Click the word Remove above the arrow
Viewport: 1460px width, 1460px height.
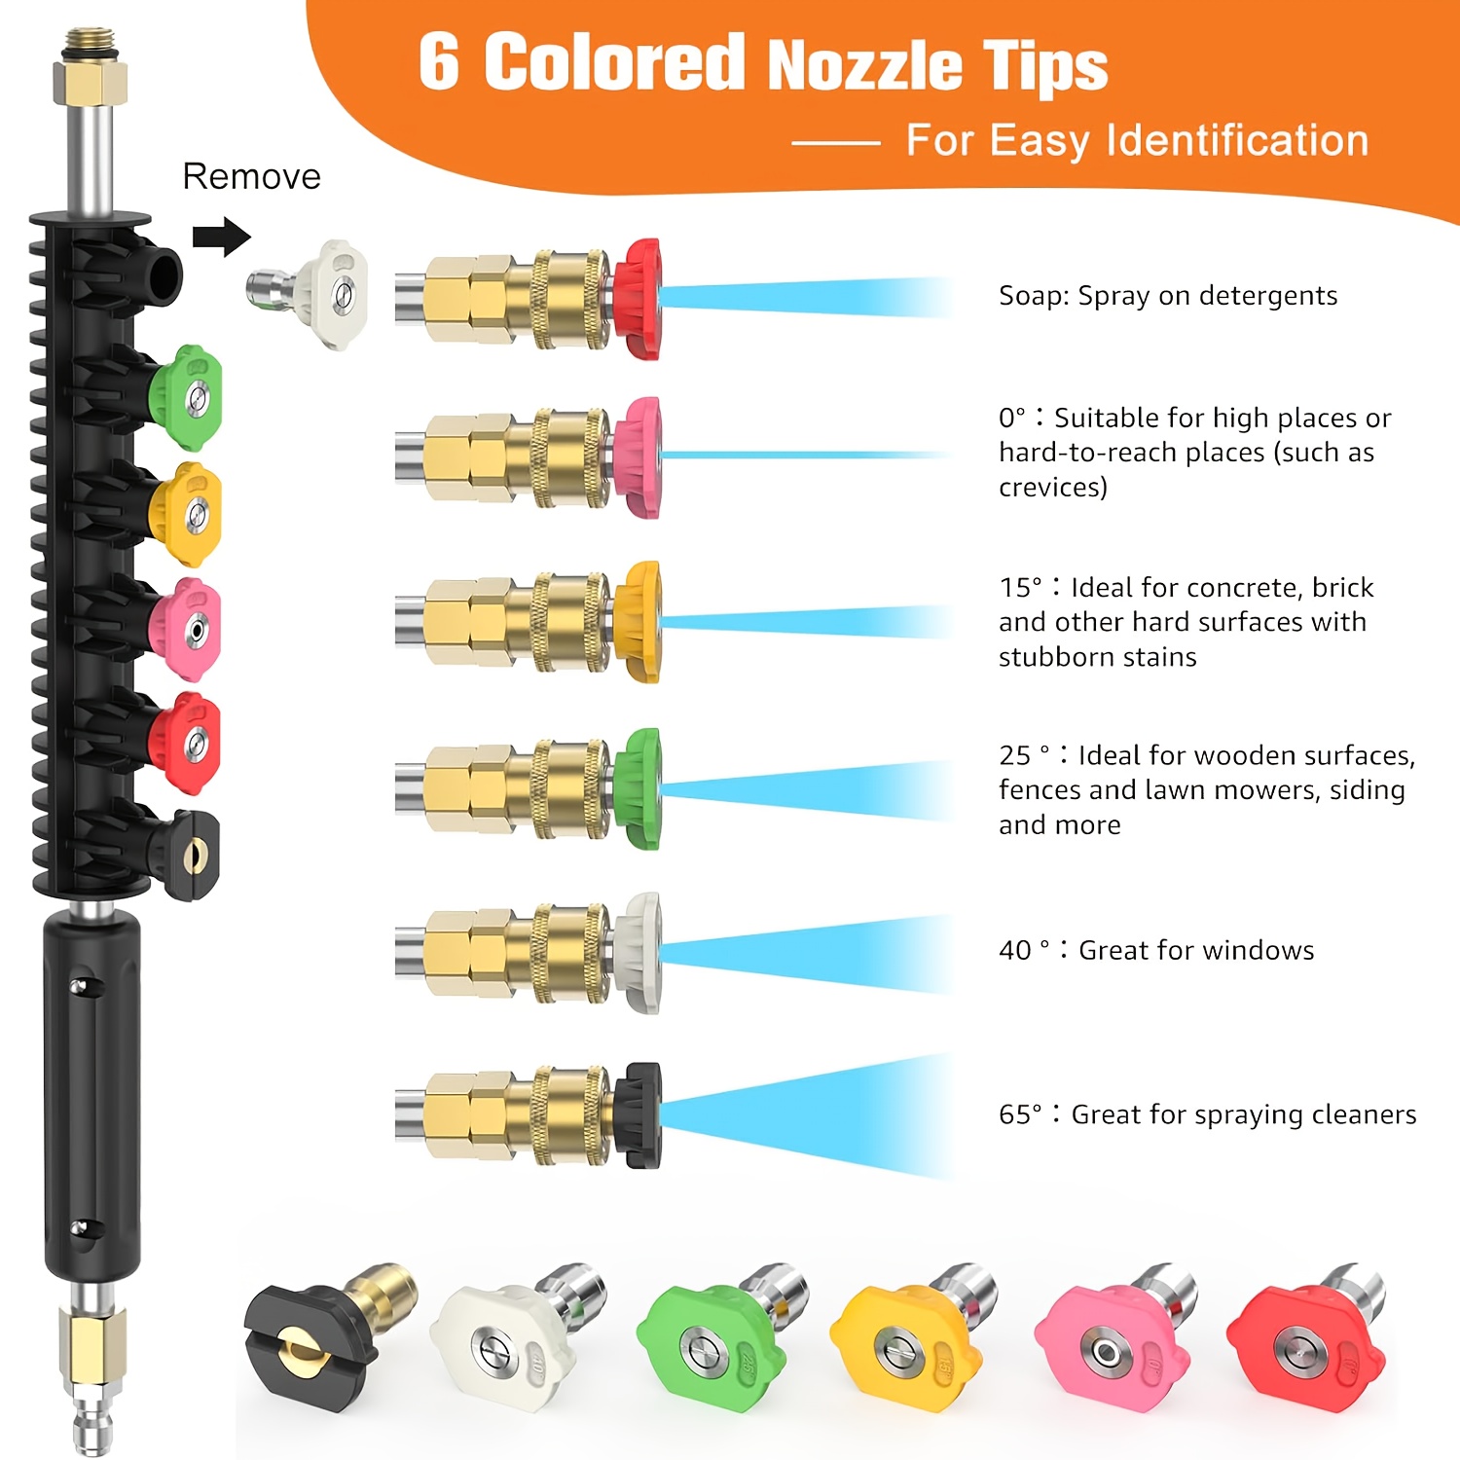click(x=251, y=176)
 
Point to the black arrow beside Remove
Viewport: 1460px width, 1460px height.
click(x=222, y=237)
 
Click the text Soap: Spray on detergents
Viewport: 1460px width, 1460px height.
click(x=1168, y=296)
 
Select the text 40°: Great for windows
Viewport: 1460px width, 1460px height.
click(x=1156, y=950)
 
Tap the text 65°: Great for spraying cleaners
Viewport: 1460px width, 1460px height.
click(x=1208, y=1114)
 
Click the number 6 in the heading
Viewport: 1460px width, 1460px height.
click(x=439, y=62)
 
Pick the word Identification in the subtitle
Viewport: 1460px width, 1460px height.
click(x=1238, y=140)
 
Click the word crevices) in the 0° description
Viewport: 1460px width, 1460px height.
click(x=1053, y=487)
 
